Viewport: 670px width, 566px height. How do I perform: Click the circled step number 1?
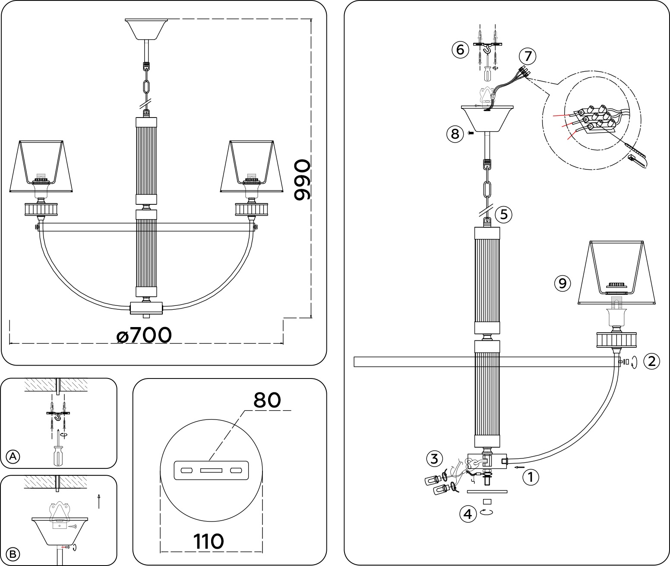click(x=531, y=477)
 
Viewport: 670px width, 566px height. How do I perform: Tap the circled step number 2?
click(x=651, y=361)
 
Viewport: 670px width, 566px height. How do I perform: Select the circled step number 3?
click(x=434, y=458)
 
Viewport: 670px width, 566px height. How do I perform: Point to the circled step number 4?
click(x=468, y=514)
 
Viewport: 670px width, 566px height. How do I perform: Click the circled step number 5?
click(x=503, y=214)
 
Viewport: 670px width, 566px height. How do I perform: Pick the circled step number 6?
click(x=460, y=50)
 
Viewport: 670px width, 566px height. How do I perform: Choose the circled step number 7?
click(x=528, y=56)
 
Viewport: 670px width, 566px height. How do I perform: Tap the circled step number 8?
click(x=455, y=134)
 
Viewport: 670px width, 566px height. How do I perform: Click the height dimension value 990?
click(x=301, y=180)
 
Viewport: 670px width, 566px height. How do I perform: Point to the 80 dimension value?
click(x=267, y=400)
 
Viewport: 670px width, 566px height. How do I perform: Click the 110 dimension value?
click(x=208, y=541)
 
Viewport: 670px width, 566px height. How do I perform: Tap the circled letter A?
click(x=13, y=456)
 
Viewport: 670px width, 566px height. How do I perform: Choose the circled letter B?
click(x=13, y=553)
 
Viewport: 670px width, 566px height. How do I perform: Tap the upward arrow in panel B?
click(x=99, y=501)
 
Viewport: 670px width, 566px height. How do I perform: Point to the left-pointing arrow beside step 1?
click(x=520, y=467)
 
